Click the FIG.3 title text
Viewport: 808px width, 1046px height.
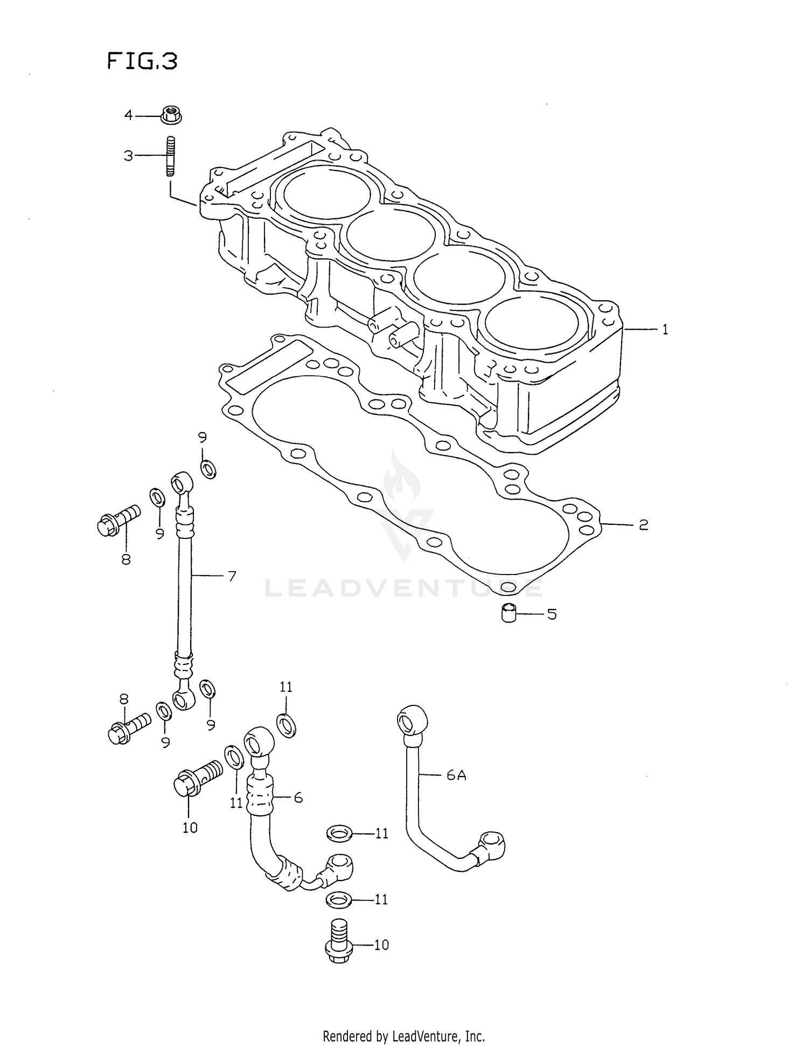[142, 61]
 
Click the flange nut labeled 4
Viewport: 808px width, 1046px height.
[170, 115]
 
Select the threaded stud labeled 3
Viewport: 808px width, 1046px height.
[170, 156]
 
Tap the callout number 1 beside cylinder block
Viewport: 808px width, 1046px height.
[665, 329]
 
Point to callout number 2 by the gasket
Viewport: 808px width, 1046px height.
[643, 524]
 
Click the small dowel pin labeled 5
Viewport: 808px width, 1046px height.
[509, 613]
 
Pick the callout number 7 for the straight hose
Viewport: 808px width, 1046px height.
[232, 576]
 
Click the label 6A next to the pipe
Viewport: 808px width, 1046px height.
[456, 775]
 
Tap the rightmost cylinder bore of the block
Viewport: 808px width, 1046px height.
[531, 323]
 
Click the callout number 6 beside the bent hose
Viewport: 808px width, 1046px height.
[298, 798]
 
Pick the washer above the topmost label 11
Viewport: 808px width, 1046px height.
[286, 724]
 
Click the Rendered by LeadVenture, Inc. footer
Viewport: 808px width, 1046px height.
[403, 1036]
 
